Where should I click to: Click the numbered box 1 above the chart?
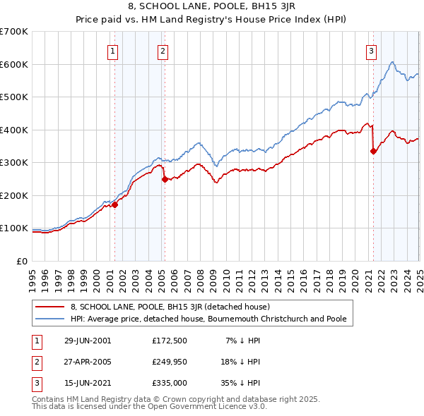pos(113,50)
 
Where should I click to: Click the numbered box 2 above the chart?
pos(163,50)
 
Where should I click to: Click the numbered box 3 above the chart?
pos(371,50)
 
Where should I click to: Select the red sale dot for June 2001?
pos(114,205)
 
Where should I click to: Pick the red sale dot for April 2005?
pos(165,179)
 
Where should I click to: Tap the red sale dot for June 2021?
pos(373,151)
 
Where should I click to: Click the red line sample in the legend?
pos(51,307)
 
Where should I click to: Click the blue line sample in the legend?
pos(51,319)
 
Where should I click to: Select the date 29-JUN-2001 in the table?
pos(88,341)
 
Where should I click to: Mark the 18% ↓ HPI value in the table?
pos(241,362)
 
